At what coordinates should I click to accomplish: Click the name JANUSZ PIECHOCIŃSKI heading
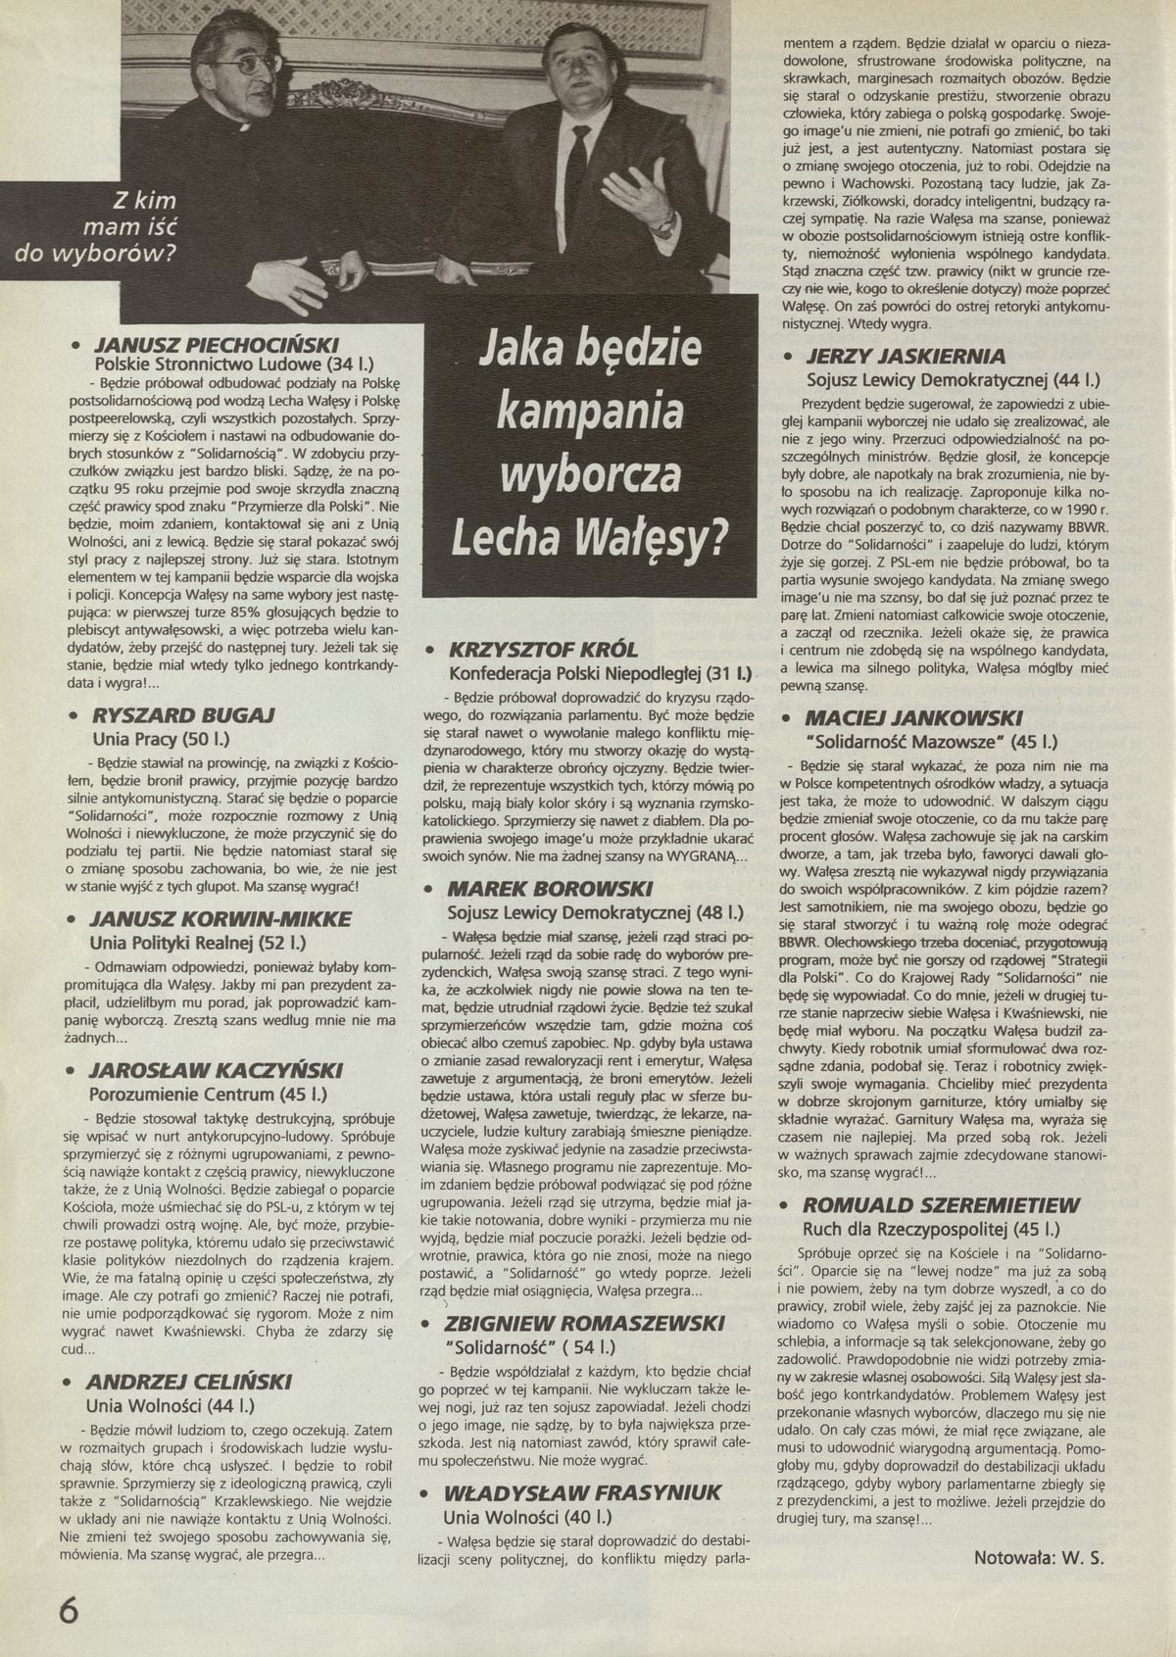pos(217,345)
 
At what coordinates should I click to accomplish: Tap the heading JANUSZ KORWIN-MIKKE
pos(220,919)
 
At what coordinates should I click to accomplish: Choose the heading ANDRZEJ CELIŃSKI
pos(189,1382)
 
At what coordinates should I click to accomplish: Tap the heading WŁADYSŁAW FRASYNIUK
pos(583,1492)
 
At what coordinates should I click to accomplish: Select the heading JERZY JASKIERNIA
pos(906,356)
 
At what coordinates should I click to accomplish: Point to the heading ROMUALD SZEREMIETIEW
pos(941,1205)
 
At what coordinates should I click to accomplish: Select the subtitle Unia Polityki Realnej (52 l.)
pos(198,944)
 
